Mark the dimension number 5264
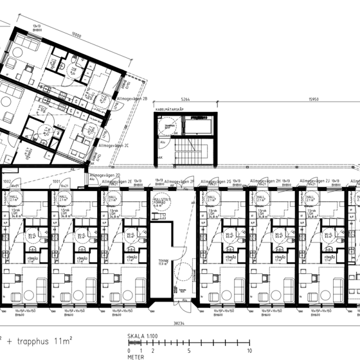pos(186,100)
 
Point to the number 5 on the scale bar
pos(188,352)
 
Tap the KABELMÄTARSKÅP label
pos(168,111)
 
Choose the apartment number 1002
pos(8,182)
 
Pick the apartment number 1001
pos(57,182)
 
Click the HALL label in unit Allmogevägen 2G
pos(213,197)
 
